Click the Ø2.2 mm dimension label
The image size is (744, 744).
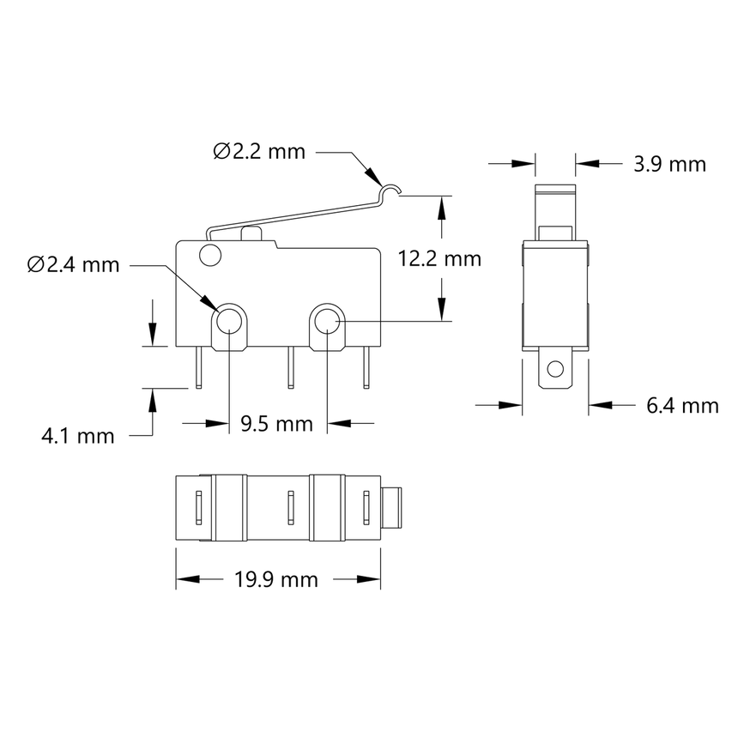point(259,153)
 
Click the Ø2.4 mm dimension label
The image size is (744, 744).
point(73,265)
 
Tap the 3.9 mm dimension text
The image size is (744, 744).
point(669,164)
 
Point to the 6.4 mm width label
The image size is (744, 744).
point(681,404)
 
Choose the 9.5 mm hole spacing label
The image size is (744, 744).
point(276,423)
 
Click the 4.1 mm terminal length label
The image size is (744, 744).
point(78,436)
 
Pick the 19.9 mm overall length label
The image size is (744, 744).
point(276,580)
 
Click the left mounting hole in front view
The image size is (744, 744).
point(228,322)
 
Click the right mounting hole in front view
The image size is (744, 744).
point(326,322)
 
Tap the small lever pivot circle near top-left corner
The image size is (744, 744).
point(209,254)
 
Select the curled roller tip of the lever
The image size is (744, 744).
point(391,191)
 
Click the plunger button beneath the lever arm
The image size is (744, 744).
point(252,233)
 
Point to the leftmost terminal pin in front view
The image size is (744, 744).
point(199,367)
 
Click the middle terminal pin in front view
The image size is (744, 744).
point(291,367)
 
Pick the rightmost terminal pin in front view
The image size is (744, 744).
point(367,367)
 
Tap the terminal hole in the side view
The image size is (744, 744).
point(555,370)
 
